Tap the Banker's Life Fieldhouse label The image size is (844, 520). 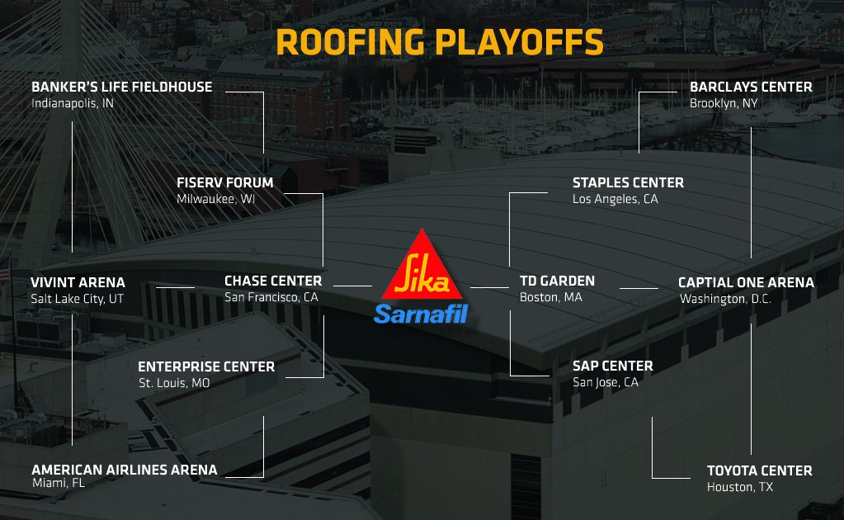(x=121, y=87)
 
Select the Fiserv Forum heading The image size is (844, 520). (x=224, y=182)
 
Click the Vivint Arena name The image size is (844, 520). (x=78, y=282)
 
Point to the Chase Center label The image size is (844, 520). (x=272, y=281)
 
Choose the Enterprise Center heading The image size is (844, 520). (x=206, y=366)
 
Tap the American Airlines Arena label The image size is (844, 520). (x=125, y=470)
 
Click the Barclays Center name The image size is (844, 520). (x=751, y=87)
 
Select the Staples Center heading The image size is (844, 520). (x=628, y=182)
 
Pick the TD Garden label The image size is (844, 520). (x=557, y=281)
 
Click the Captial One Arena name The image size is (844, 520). (x=746, y=282)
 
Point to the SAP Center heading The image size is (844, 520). (x=612, y=366)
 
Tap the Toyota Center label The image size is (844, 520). (x=759, y=470)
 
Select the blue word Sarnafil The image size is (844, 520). (x=421, y=314)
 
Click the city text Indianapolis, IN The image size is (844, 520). (x=73, y=104)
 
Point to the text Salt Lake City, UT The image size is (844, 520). (x=77, y=299)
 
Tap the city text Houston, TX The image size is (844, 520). (x=740, y=488)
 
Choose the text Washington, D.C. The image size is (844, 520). (x=725, y=299)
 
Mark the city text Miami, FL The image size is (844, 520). (x=58, y=483)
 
